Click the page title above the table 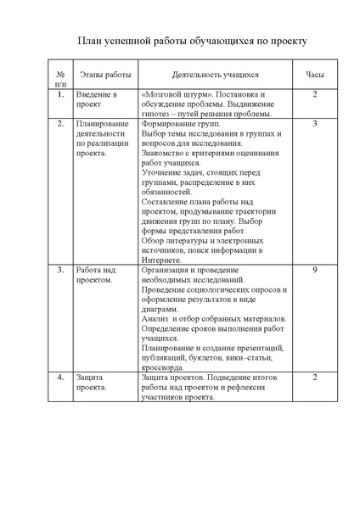click(x=180, y=40)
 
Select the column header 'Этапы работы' click(x=99, y=76)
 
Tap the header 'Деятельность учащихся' click(x=215, y=76)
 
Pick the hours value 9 click(x=315, y=270)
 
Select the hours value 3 click(x=315, y=124)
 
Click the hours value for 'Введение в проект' click(x=315, y=94)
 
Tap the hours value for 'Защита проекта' click(x=315, y=377)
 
